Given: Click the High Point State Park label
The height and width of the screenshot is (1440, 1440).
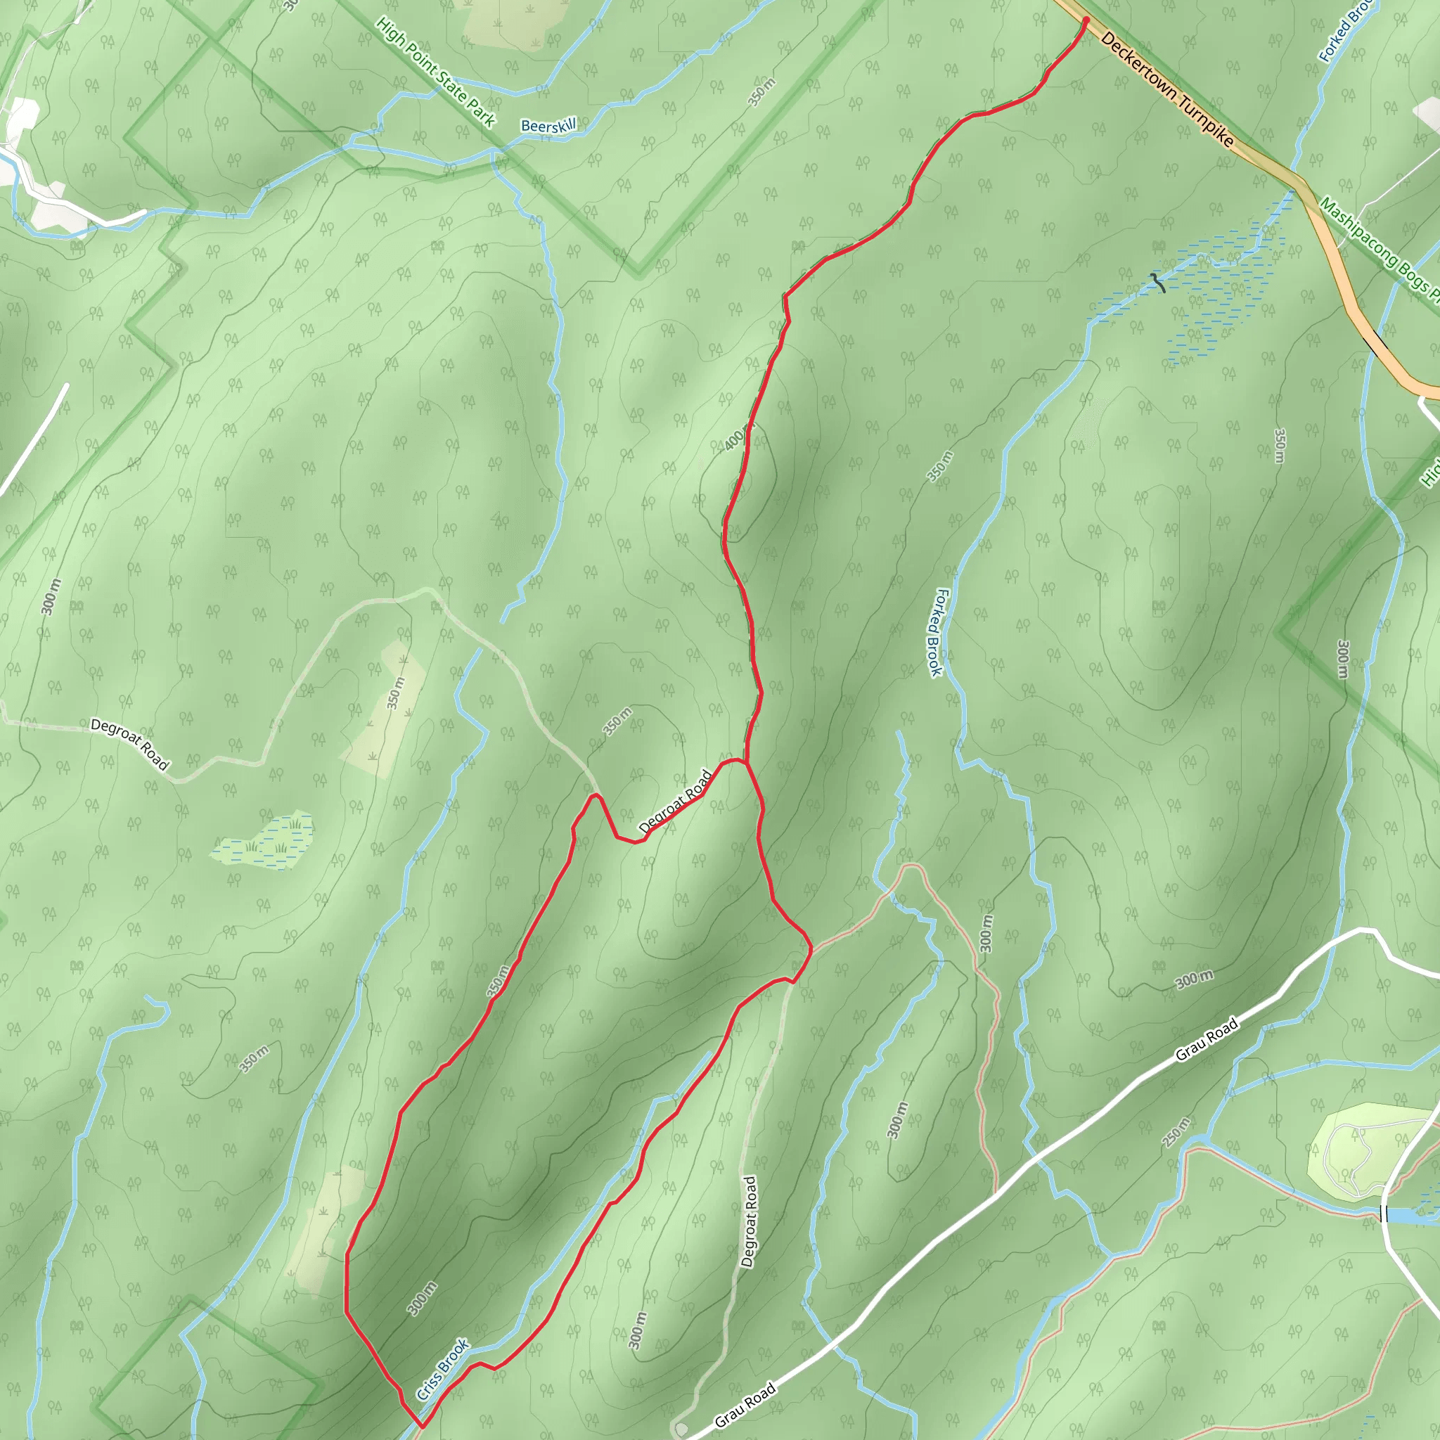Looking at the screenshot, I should pyautogui.click(x=435, y=72).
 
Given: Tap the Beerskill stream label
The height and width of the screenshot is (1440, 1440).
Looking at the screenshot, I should pyautogui.click(x=548, y=126).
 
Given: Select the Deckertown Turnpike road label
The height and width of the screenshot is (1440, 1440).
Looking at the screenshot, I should pyautogui.click(x=1166, y=89).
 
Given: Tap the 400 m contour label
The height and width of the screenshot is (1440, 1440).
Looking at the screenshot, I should pyautogui.click(x=735, y=439).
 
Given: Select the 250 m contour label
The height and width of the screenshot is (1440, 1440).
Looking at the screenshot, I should pyautogui.click(x=1176, y=1131).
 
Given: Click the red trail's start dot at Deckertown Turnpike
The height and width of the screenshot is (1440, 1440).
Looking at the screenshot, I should pyautogui.click(x=1086, y=20).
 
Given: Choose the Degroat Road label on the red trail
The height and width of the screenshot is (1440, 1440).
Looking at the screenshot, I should pyautogui.click(x=676, y=802).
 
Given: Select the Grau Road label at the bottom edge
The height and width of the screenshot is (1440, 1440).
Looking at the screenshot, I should pyautogui.click(x=745, y=1404).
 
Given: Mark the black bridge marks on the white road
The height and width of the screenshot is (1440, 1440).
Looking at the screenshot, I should pyautogui.click(x=1384, y=1214).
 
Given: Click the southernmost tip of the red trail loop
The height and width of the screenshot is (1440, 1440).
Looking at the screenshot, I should pyautogui.click(x=422, y=1426).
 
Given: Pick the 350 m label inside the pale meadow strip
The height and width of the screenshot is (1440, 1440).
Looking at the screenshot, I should pyautogui.click(x=397, y=693).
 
